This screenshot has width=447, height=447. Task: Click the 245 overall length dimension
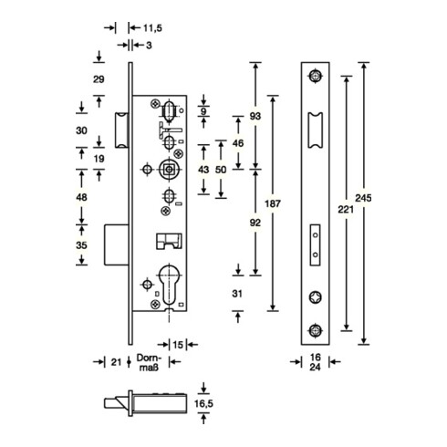pos(363,198)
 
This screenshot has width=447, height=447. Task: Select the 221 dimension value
pos(346,209)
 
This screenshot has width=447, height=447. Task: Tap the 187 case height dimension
pos(273,203)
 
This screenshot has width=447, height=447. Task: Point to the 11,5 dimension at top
pos(152,28)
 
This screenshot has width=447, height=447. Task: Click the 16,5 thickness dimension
pos(204,404)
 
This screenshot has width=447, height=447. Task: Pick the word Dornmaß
pos(149,362)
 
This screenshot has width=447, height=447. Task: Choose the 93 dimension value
pos(255,116)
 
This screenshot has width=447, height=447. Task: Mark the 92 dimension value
pos(255,223)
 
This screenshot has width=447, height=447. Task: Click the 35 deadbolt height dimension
pos(81,245)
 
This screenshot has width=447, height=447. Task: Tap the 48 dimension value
pos(81,197)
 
